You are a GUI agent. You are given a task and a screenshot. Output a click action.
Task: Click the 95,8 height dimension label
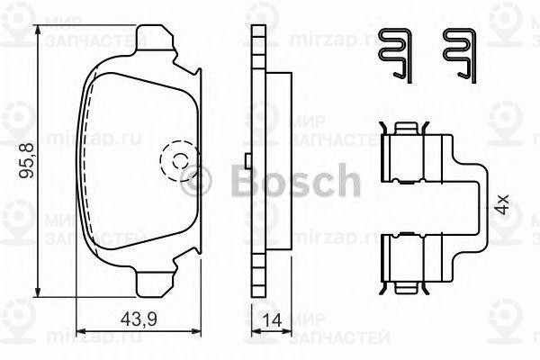click(25, 163)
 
